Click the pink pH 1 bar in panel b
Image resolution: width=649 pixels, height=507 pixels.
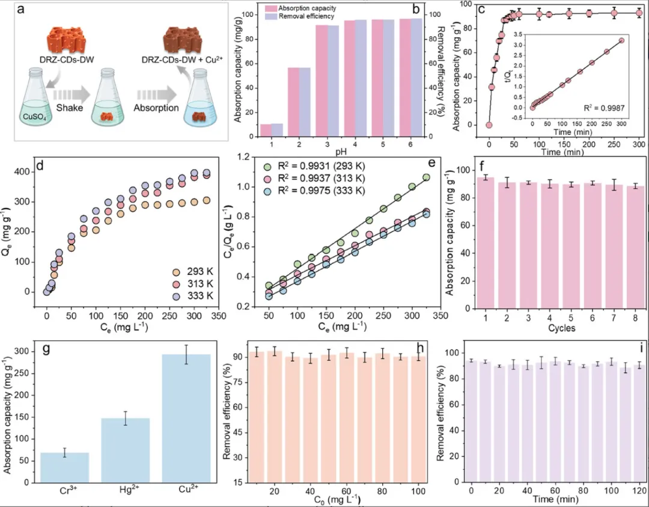pos(265,130)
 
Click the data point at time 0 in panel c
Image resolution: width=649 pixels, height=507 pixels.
pos(489,125)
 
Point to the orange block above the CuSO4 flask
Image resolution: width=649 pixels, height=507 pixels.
pos(63,44)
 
